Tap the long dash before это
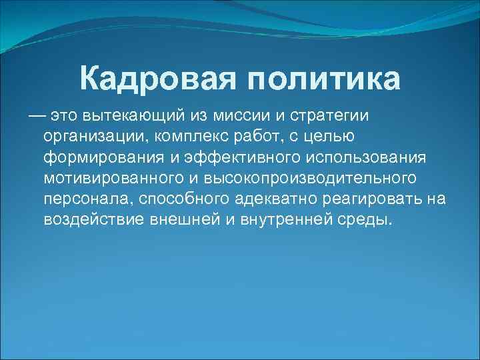[x=37, y=117]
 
